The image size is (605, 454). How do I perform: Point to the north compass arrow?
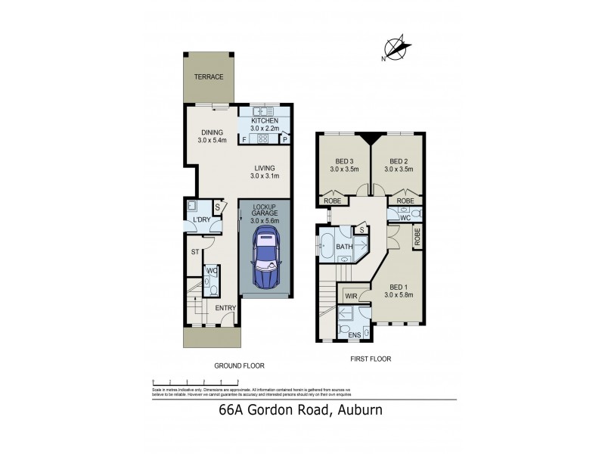tap(399, 47)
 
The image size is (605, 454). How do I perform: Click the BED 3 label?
tap(343, 160)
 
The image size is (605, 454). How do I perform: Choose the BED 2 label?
tap(399, 160)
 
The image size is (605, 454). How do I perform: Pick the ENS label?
tap(354, 334)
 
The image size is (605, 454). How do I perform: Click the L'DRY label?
tap(201, 219)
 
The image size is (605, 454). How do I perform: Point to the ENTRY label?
tap(225, 308)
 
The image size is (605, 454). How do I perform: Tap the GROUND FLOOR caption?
tap(238, 365)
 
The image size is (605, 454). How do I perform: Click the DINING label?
tap(212, 132)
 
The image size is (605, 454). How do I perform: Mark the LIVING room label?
tap(265, 168)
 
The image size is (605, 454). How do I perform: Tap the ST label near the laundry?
tap(194, 252)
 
